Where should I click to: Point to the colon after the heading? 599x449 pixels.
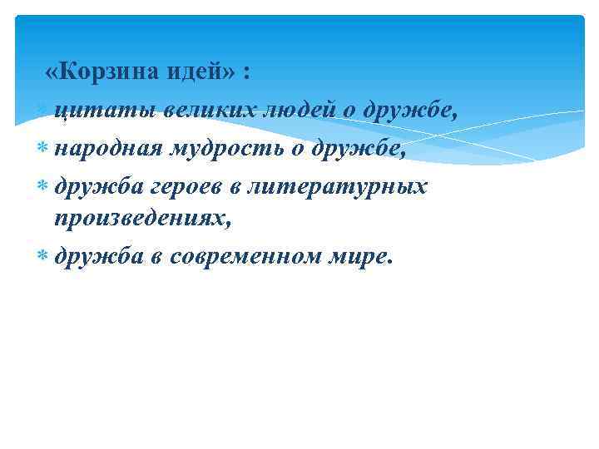[247, 74]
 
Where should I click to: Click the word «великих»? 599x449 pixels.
[208, 111]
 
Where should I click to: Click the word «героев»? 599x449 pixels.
[186, 185]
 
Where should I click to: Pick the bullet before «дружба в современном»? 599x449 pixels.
[42, 256]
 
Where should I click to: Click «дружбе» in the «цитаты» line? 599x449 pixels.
[416, 111]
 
